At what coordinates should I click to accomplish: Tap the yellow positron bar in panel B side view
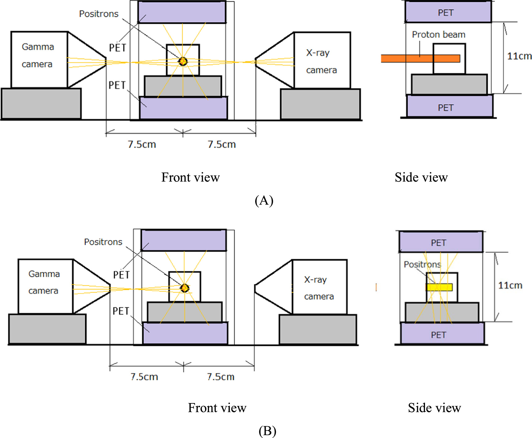(x=439, y=287)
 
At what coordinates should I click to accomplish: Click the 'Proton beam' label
(x=438, y=35)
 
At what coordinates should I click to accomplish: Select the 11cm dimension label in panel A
(x=519, y=56)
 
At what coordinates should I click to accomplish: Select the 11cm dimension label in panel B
(x=510, y=286)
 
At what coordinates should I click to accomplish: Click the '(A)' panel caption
(x=264, y=200)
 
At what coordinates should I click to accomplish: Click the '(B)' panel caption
(x=267, y=431)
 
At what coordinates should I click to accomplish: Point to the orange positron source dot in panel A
(x=183, y=61)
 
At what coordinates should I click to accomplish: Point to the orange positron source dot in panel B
(x=185, y=288)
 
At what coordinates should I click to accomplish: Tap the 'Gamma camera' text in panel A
(x=38, y=55)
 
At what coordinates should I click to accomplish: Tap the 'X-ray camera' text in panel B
(x=319, y=288)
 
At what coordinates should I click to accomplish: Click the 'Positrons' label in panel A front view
(x=99, y=14)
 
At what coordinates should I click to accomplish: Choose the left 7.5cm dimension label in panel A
(x=142, y=144)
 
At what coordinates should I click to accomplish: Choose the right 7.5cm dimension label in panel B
(x=221, y=377)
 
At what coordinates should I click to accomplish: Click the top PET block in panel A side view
(x=448, y=12)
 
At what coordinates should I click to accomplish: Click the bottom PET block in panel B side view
(x=442, y=334)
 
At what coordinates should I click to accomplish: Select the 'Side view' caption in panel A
(x=421, y=178)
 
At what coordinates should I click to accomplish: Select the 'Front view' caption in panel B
(x=217, y=408)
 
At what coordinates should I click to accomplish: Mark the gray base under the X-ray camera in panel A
(x=320, y=104)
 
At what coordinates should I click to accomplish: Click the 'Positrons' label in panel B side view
(x=422, y=264)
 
